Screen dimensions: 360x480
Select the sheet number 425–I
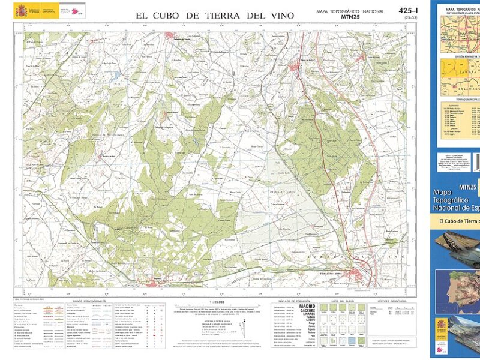408,11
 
